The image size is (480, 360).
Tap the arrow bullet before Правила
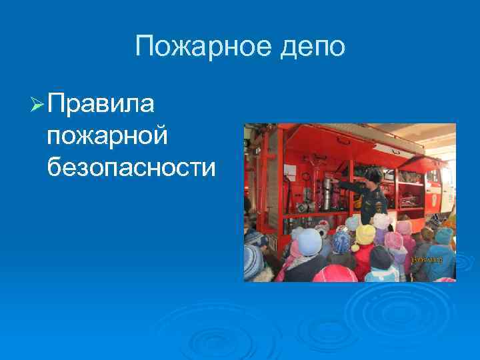click(x=37, y=105)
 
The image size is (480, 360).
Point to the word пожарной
click(x=106, y=137)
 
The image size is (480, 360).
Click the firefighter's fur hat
click(x=373, y=174)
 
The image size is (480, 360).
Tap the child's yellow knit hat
click(x=365, y=233)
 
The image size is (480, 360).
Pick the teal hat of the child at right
click(x=443, y=235)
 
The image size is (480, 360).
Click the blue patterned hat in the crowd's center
click(x=341, y=241)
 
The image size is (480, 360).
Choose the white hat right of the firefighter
click(x=381, y=221)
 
